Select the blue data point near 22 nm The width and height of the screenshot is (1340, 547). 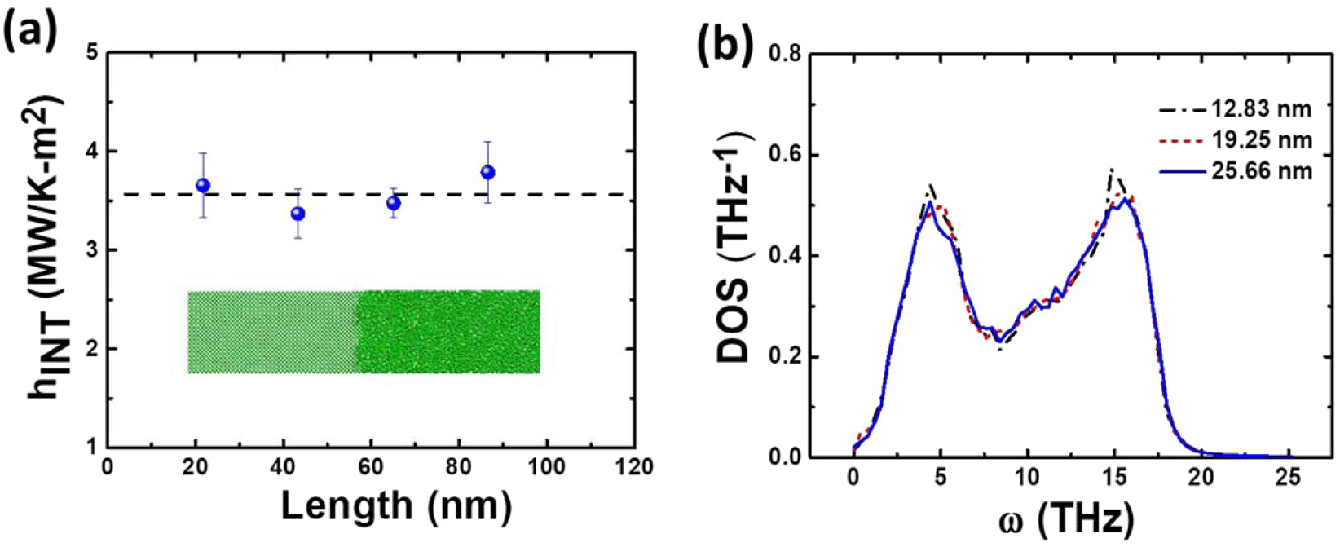203,186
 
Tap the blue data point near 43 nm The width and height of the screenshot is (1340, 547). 298,214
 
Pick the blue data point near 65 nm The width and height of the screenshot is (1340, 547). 394,203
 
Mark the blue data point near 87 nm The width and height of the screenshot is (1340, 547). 488,172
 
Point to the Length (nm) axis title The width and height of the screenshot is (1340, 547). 396,506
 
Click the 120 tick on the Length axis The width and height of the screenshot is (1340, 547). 634,467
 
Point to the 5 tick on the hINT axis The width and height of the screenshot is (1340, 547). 92,53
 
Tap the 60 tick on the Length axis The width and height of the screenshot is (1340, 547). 370,467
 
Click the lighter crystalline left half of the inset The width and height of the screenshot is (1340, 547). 271,332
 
